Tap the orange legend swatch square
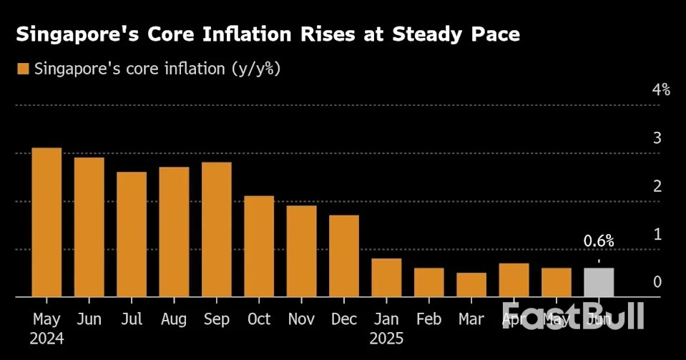[22, 69]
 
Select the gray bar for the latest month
[599, 282]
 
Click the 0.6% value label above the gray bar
[599, 241]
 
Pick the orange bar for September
[217, 229]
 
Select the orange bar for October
[259, 246]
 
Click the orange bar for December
[344, 256]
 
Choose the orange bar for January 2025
[386, 278]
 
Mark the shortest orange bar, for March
[471, 284]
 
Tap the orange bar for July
[132, 234]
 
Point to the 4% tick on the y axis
[660, 90]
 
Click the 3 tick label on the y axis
[657, 138]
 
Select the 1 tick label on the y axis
[657, 235]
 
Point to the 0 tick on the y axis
[657, 283]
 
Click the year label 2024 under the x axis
[46, 339]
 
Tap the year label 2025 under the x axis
[386, 339]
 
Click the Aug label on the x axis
[174, 318]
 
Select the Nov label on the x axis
[301, 318]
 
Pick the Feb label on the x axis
[428, 318]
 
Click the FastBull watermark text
[572, 316]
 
